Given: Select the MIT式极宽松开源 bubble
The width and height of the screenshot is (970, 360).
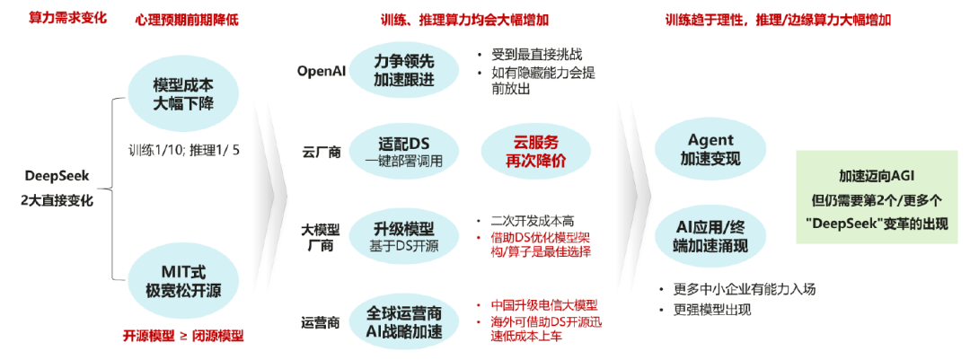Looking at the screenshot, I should [183, 280].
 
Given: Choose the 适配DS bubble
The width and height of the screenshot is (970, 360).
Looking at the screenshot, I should [403, 150].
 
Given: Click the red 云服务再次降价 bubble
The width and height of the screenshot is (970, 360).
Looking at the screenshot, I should [535, 150].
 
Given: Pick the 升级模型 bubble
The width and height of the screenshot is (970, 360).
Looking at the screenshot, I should [403, 236].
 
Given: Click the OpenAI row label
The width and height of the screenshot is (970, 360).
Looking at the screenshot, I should [322, 71].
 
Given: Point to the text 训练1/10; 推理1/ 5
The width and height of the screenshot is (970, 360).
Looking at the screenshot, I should [183, 149].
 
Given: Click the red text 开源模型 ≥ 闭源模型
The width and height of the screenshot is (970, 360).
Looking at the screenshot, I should [183, 336].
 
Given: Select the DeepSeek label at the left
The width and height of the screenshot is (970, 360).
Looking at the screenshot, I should [57, 175].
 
